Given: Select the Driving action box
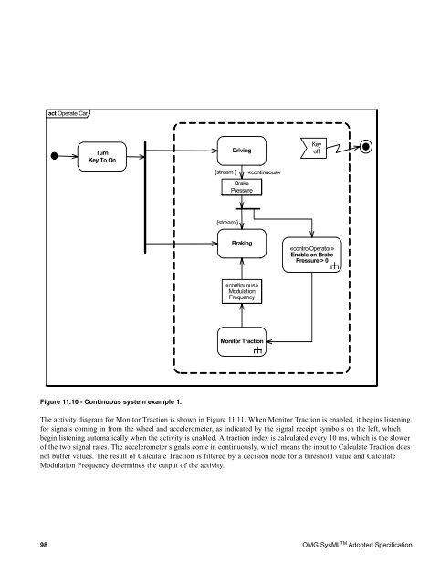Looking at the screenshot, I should click(x=241, y=149).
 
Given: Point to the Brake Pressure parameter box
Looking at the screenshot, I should click(x=241, y=187).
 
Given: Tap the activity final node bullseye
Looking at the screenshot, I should click(x=366, y=146).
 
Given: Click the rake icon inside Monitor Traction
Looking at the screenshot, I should click(x=258, y=350).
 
